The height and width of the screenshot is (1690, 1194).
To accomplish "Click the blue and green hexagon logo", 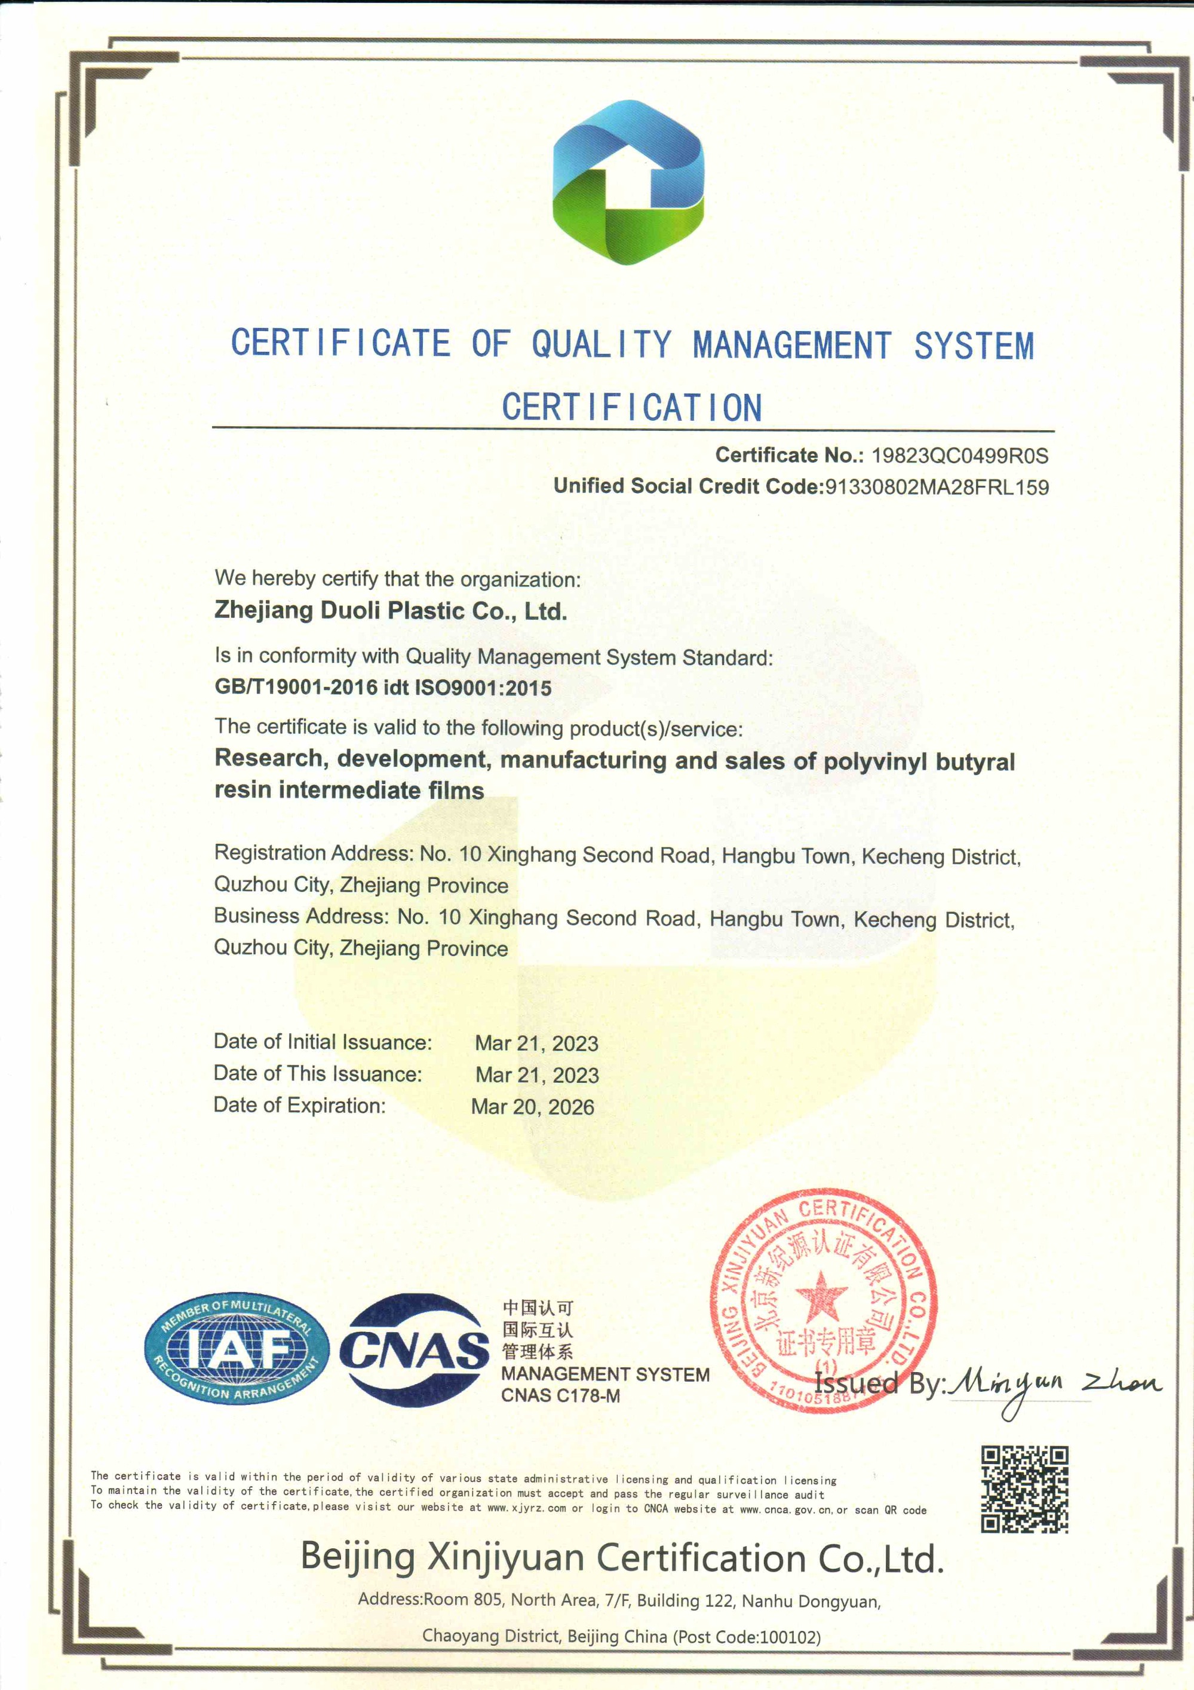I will (x=628, y=182).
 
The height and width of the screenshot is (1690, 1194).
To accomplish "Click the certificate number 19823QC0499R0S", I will (x=959, y=455).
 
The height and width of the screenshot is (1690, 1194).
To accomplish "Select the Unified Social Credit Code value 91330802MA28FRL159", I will (x=937, y=487).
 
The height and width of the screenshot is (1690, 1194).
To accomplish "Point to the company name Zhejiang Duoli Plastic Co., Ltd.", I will (x=391, y=611).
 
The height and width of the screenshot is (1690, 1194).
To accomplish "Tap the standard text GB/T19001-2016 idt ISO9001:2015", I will (x=382, y=687).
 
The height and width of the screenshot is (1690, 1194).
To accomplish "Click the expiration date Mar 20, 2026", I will (x=533, y=1107).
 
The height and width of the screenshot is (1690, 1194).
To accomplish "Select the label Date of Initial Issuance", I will (x=322, y=1042).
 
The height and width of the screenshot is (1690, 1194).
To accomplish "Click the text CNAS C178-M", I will (x=561, y=1395).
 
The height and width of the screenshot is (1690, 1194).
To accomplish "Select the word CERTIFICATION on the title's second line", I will (x=631, y=407).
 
